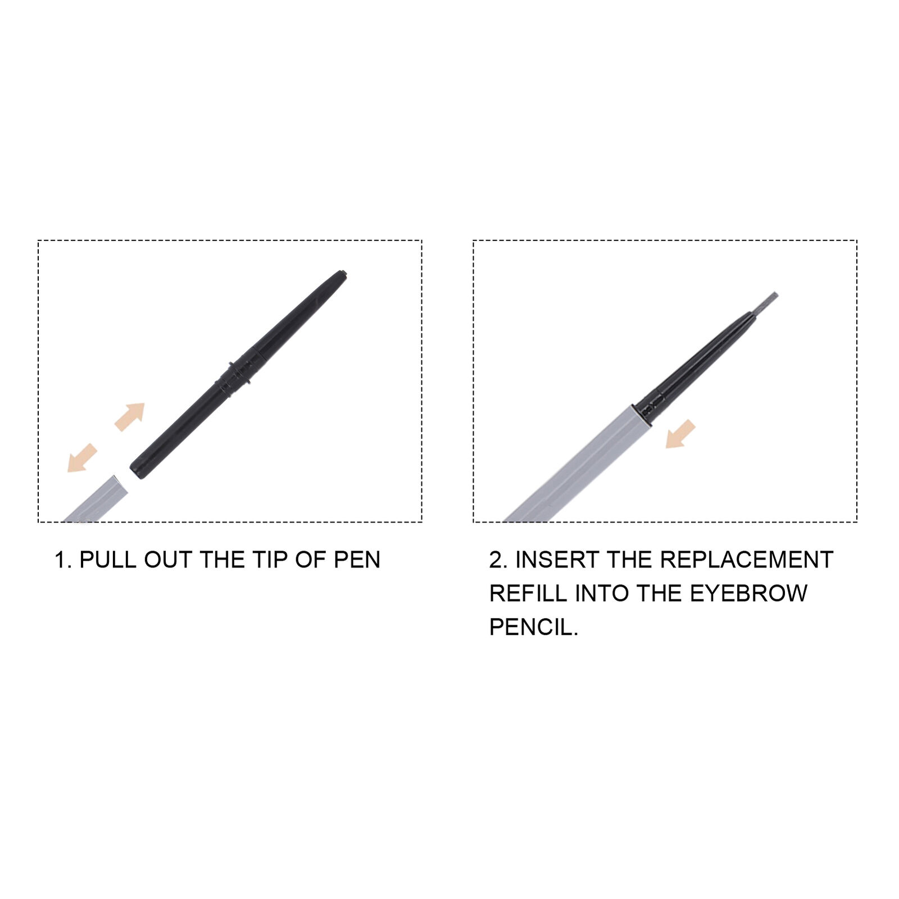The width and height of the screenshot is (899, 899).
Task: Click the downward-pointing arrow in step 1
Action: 82,457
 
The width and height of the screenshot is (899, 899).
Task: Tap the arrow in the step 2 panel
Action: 680,434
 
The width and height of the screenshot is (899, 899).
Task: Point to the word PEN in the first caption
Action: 357,560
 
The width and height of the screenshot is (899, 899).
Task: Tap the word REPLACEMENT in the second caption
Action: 747,560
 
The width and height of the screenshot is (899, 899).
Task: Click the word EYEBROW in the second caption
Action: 749,593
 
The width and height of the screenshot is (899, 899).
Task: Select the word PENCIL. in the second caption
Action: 534,627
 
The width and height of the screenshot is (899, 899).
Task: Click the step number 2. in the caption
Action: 498,560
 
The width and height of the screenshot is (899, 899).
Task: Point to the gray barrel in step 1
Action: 96,499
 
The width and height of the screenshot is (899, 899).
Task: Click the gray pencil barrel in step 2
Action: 578,464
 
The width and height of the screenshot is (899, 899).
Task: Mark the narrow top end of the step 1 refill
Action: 342,275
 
